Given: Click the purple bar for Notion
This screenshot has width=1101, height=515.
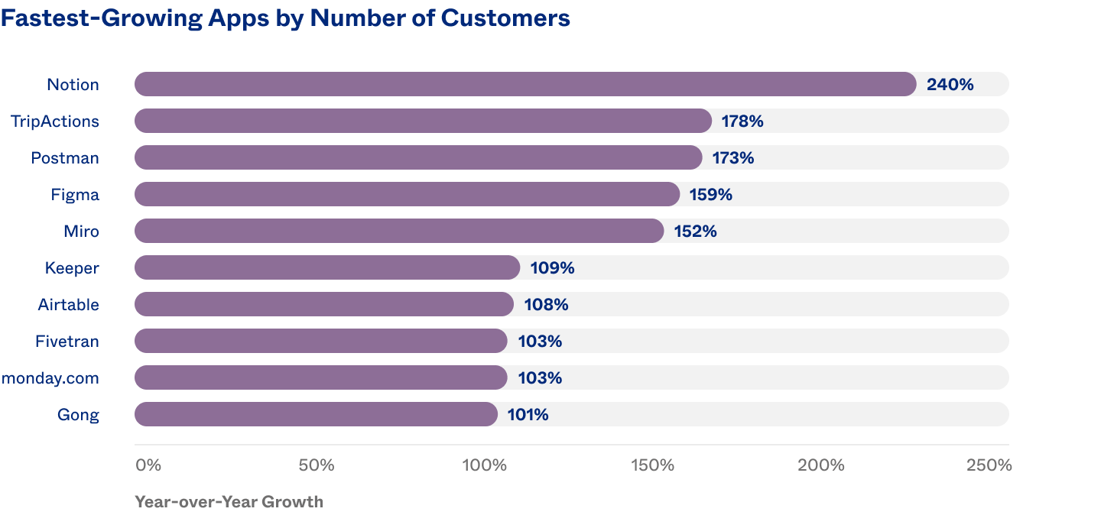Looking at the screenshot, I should (525, 84).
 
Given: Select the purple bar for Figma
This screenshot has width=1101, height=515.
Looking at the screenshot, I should (407, 194).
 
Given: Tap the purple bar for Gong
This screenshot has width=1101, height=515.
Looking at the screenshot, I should (316, 414).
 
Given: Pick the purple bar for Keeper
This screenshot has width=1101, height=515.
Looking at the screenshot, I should (327, 267).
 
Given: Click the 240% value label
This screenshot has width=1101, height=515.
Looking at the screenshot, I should (950, 85).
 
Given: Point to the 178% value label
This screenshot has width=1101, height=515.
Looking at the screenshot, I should (742, 121).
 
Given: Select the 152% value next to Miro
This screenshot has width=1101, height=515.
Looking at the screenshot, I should (695, 232).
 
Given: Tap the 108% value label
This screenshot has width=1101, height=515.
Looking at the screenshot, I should (546, 305).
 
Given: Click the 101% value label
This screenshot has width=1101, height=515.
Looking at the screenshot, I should (528, 415).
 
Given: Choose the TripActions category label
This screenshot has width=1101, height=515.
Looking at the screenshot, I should (55, 121).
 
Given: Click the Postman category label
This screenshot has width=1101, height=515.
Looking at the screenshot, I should (65, 158).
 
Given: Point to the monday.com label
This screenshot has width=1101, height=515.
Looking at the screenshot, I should (50, 378).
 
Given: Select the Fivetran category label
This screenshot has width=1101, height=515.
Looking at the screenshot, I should (67, 342).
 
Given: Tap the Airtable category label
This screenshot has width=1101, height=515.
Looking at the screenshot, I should (69, 305).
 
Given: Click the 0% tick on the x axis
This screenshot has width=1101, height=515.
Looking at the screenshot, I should (148, 465).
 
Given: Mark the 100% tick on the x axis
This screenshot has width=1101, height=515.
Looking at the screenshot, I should (484, 465).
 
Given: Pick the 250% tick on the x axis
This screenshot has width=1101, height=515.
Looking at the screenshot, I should (989, 465).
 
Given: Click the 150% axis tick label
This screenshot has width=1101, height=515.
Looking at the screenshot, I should (652, 465).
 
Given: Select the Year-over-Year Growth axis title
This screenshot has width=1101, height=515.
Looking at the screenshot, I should (229, 502).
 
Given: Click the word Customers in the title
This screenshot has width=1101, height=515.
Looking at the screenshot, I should (505, 18).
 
